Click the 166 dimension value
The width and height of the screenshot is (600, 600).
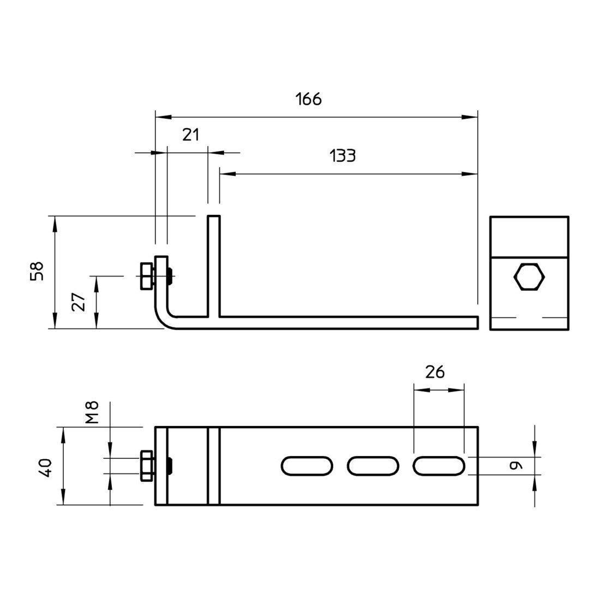[308, 99]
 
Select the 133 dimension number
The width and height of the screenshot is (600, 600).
[343, 156]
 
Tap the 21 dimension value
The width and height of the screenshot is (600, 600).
[191, 135]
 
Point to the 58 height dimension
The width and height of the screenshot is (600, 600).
[37, 271]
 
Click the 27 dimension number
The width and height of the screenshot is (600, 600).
[79, 302]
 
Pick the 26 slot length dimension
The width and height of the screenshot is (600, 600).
[435, 372]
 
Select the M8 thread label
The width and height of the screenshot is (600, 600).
[92, 412]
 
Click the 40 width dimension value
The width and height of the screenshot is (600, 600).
[45, 467]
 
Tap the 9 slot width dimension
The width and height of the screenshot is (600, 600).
[515, 465]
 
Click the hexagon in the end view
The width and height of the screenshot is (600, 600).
[529, 277]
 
